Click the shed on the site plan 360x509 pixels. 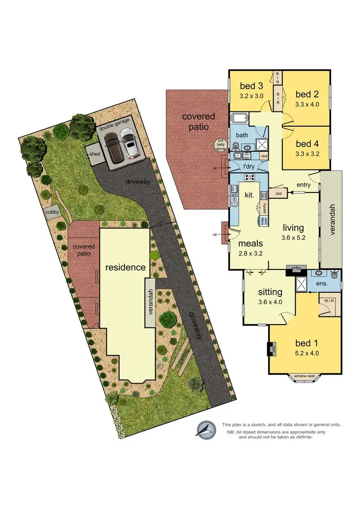tap(93, 153)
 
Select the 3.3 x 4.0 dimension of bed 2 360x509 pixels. tap(307, 103)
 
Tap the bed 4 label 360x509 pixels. tap(307, 144)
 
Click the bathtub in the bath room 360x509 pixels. tap(239, 119)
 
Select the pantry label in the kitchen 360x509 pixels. tap(264, 207)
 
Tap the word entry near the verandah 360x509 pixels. tap(303, 185)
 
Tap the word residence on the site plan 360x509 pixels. tap(126, 267)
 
